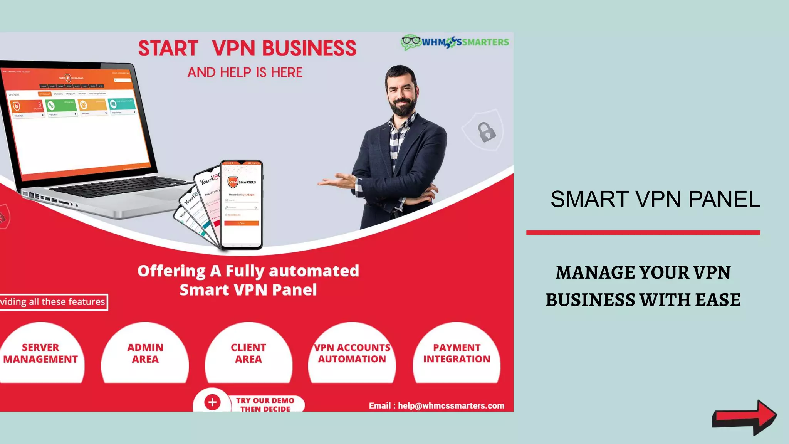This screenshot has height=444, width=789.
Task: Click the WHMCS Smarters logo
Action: tap(455, 42)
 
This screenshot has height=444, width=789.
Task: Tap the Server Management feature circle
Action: tap(40, 353)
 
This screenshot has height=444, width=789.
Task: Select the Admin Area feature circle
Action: tap(145, 353)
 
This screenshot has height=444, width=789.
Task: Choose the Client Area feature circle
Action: tap(248, 353)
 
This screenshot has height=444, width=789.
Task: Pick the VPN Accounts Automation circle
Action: tap(352, 353)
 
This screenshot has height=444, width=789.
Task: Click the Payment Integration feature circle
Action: tap(457, 353)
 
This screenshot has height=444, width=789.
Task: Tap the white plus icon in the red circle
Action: tap(212, 402)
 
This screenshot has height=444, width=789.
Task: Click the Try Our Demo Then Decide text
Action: tap(265, 405)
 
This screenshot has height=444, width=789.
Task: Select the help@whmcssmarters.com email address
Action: tap(451, 405)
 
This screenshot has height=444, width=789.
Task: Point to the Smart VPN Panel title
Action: tap(655, 199)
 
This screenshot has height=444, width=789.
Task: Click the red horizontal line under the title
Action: tap(643, 232)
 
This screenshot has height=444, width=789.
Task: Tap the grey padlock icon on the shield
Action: tap(487, 132)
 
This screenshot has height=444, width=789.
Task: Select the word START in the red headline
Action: tap(168, 49)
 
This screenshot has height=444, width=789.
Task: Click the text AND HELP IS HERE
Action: tap(245, 72)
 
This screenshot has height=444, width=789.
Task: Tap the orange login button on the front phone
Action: tap(242, 223)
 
